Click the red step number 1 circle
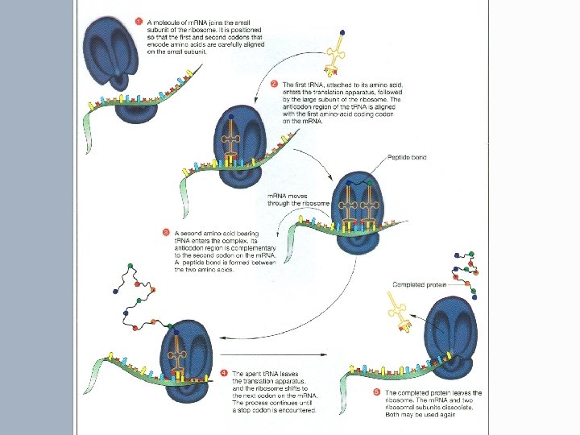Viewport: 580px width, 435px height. (x=139, y=20)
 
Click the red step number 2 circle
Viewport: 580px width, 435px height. (x=274, y=83)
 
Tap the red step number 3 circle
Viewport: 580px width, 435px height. (x=167, y=234)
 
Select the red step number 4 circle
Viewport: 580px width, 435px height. (x=223, y=374)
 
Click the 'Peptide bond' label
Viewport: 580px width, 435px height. (x=428, y=156)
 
